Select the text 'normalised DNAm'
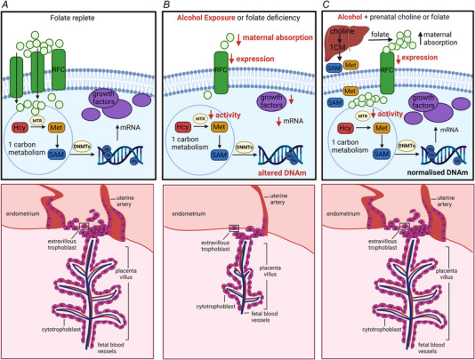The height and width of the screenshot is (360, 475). tap(435, 179)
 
